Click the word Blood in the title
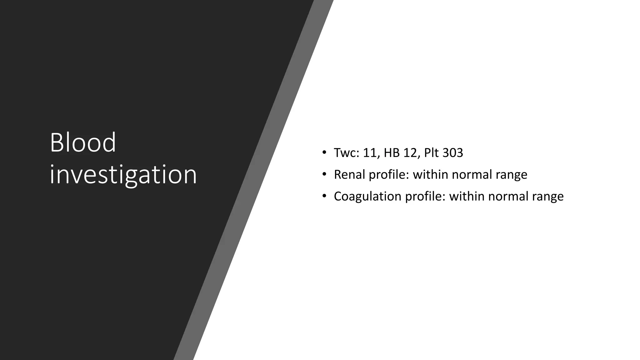pos(83,142)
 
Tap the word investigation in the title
pos(123,175)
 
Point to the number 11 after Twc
pos(370,153)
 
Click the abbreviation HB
pos(392,153)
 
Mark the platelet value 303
pos(453,153)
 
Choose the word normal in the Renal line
pos(472,174)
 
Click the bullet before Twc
pos(324,153)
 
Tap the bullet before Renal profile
pos(324,174)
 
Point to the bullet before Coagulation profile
pos(324,196)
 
